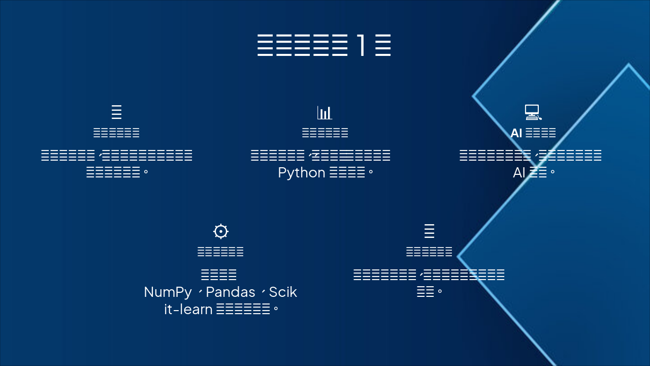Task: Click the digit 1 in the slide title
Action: pyautogui.click(x=361, y=46)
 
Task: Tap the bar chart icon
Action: pyautogui.click(x=324, y=112)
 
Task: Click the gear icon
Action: pyautogui.click(x=220, y=231)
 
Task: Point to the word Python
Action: pyautogui.click(x=302, y=173)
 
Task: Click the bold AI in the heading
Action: pyautogui.click(x=516, y=133)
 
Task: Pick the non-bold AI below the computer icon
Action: pyautogui.click(x=519, y=173)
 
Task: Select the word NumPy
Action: pyautogui.click(x=168, y=292)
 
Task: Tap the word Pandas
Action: pyautogui.click(x=231, y=292)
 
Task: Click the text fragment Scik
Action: pyautogui.click(x=283, y=292)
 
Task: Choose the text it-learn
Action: pyautogui.click(x=188, y=309)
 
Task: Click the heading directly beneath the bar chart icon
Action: pyautogui.click(x=325, y=133)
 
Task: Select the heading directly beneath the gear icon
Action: pyautogui.click(x=220, y=252)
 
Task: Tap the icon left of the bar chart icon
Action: pyautogui.click(x=116, y=112)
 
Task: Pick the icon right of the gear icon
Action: pyautogui.click(x=429, y=231)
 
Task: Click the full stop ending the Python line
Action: pyautogui.click(x=371, y=173)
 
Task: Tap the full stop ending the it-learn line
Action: pyautogui.click(x=276, y=309)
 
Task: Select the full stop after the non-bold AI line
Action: pyautogui.click(x=552, y=173)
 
